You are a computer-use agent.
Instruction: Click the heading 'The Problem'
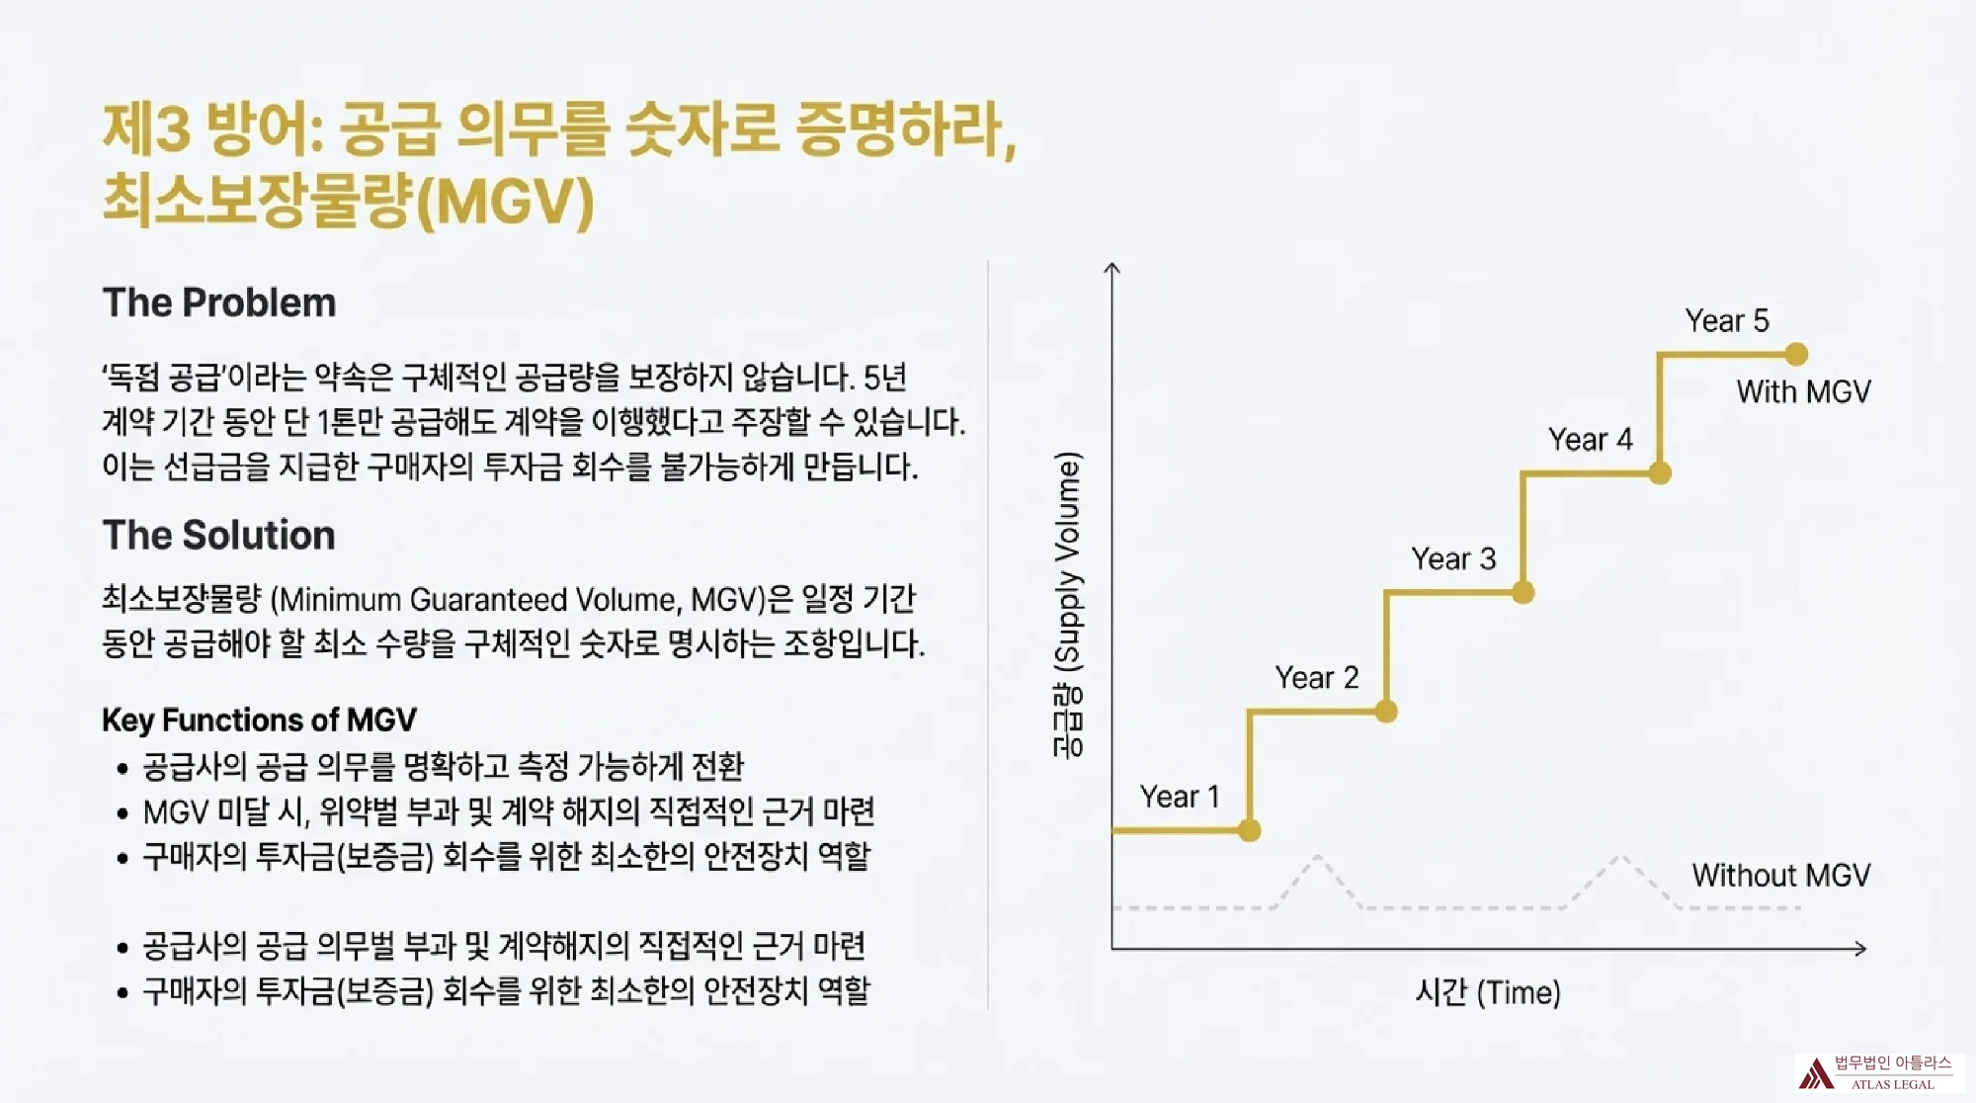[x=219, y=303]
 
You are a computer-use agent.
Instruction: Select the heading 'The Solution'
[x=219, y=536]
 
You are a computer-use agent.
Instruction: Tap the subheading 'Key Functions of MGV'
[x=259, y=720]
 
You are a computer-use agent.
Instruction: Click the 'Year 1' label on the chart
[x=1180, y=797]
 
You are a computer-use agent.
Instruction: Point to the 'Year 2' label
[x=1317, y=678]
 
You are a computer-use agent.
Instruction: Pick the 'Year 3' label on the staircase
[x=1453, y=559]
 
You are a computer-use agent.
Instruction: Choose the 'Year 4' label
[x=1590, y=440]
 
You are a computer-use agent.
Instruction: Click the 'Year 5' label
[x=1727, y=321]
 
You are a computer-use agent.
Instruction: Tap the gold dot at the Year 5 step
[x=1796, y=354]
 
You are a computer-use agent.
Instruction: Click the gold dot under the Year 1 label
[x=1249, y=830]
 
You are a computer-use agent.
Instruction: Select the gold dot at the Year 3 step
[x=1523, y=593]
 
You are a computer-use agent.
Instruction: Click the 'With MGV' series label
[x=1803, y=392]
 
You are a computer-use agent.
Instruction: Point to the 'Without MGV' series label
[x=1780, y=876]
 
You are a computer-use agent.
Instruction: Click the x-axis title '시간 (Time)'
[x=1488, y=992]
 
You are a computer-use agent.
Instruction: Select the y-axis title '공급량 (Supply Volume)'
[x=1068, y=605]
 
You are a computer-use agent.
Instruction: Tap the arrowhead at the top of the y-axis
[x=1112, y=268]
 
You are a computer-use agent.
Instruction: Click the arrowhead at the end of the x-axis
[x=1861, y=949]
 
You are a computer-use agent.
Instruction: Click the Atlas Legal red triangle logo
[x=1815, y=1073]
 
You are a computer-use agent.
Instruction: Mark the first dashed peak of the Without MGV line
[x=1318, y=857]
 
